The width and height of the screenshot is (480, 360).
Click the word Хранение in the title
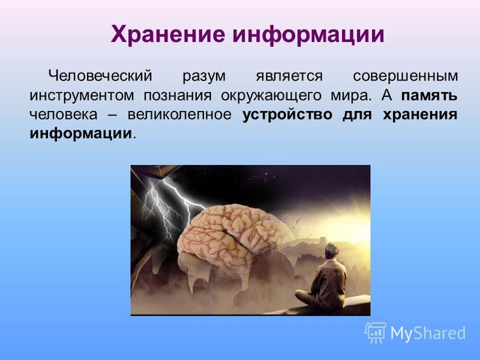pyautogui.click(x=167, y=34)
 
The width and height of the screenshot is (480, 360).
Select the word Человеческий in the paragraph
pyautogui.click(x=100, y=76)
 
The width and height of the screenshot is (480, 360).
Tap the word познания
pyautogui.click(x=178, y=96)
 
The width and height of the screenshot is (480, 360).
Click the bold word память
pyautogui.click(x=430, y=96)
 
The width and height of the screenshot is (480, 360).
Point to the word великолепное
pyautogui.click(x=179, y=115)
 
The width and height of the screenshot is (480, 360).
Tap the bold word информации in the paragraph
pyautogui.click(x=81, y=134)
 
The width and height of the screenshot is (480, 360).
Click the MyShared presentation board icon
pyautogui.click(x=376, y=332)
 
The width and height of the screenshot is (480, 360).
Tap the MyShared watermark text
pyautogui.click(x=428, y=333)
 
